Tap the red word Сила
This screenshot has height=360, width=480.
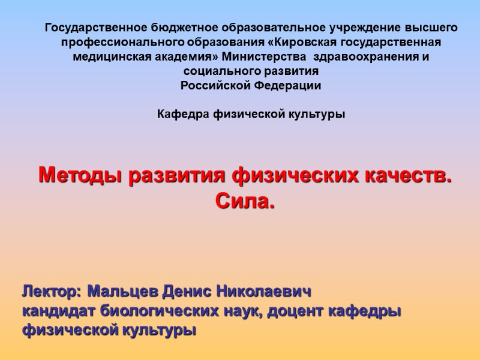[245, 202]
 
